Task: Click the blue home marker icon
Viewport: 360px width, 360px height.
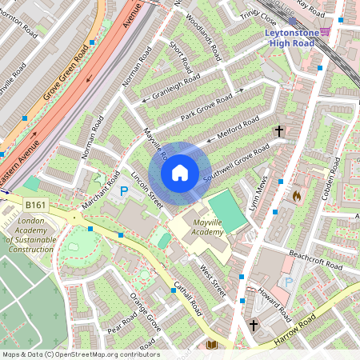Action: [x=180, y=172]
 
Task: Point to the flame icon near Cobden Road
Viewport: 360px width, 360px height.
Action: [x=296, y=194]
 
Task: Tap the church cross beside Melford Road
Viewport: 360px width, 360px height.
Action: [x=280, y=130]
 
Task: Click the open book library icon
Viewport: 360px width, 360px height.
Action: [x=211, y=345]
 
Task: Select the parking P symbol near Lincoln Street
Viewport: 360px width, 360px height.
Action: [x=124, y=191]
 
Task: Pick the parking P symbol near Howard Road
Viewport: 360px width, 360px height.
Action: [x=288, y=282]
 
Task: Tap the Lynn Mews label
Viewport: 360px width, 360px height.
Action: [x=258, y=194]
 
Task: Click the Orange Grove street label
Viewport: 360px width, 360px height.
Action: [x=146, y=317]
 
